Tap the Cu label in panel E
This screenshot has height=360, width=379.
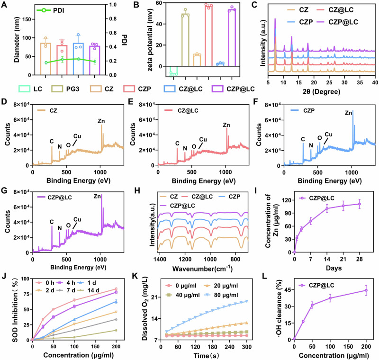[x=203, y=139]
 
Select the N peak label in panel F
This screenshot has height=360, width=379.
[x=311, y=145]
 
